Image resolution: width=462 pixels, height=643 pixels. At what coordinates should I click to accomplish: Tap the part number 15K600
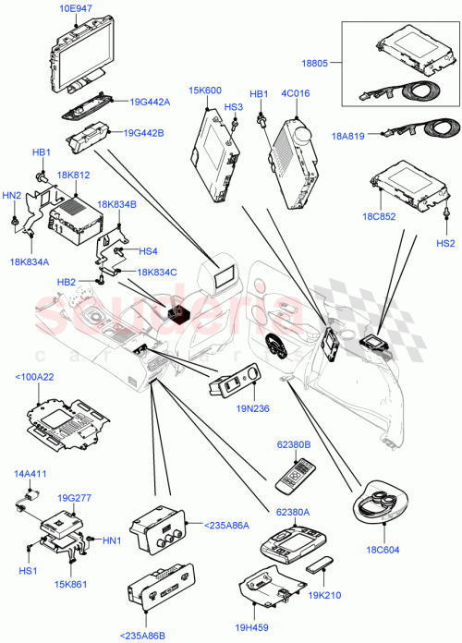coord(206,90)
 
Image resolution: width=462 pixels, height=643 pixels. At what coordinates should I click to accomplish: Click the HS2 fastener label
coord(446,244)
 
